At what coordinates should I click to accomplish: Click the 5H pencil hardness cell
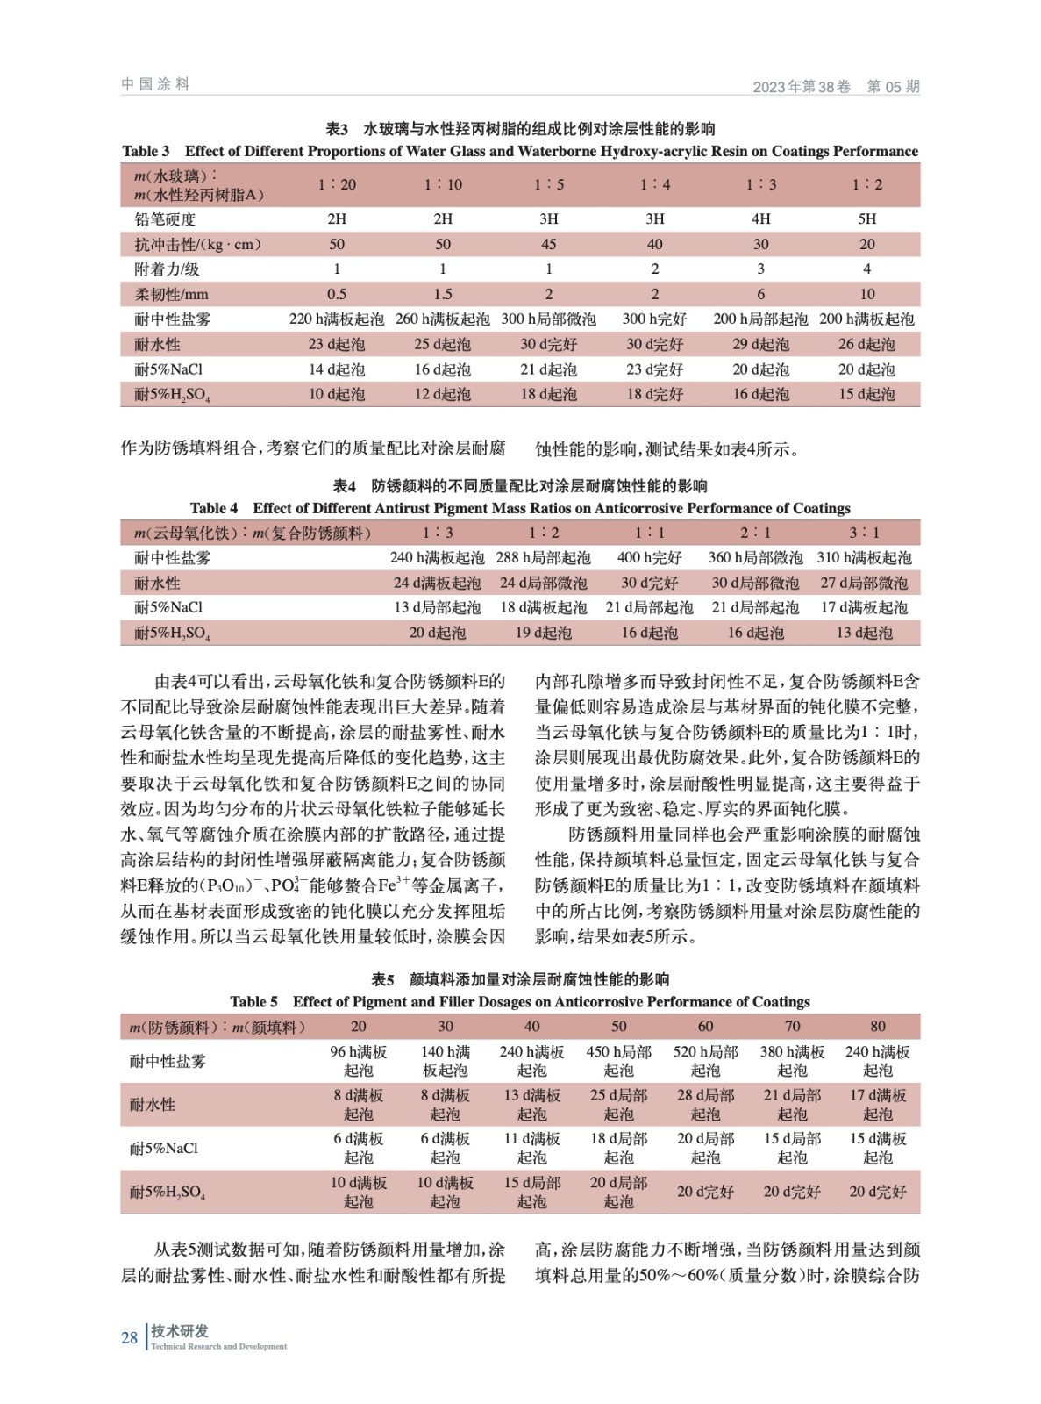click(x=866, y=218)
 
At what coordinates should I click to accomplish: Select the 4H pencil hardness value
click(x=760, y=218)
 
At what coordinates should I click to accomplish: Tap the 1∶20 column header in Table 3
click(x=337, y=184)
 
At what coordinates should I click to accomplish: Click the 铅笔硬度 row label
click(x=165, y=218)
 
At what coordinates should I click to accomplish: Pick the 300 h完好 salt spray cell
click(x=654, y=319)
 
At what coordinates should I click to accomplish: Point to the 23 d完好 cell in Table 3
click(x=654, y=369)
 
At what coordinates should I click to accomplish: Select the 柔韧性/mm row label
click(x=171, y=294)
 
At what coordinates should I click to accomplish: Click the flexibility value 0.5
click(x=337, y=294)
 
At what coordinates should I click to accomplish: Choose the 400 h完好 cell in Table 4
click(x=649, y=557)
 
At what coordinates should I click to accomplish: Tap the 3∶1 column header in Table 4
click(x=864, y=533)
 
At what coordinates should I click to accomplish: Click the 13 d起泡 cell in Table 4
click(x=864, y=633)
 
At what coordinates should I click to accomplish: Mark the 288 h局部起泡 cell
click(x=543, y=557)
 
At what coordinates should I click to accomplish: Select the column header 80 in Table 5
click(x=877, y=1026)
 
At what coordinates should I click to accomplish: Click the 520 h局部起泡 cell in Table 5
click(x=705, y=1061)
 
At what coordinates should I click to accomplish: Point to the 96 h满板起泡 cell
click(x=358, y=1061)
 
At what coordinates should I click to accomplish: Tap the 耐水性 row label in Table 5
click(x=153, y=1104)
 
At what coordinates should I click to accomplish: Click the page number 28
click(x=129, y=1338)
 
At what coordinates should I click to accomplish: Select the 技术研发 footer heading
click(x=180, y=1331)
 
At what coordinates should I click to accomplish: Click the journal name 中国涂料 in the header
click(x=155, y=84)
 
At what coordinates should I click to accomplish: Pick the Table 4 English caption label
click(x=214, y=508)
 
